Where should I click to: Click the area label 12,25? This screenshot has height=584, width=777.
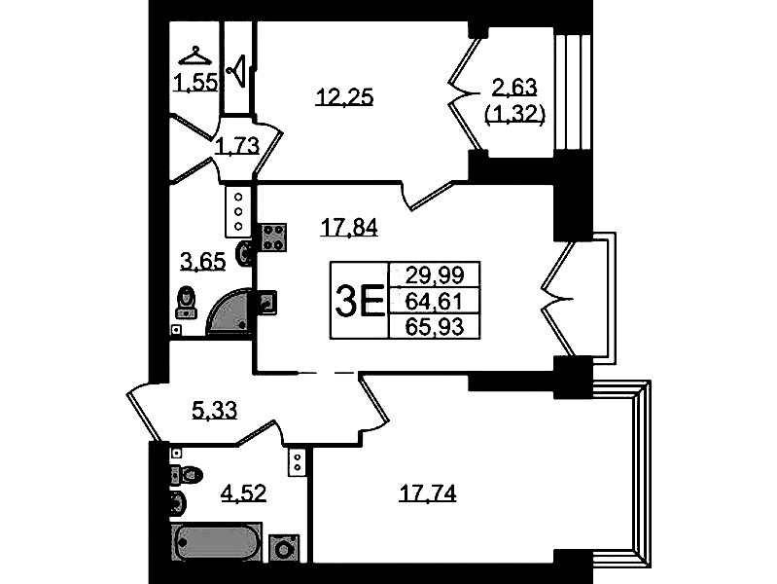pos(344,96)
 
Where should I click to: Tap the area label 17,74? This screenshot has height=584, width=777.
pos(428,493)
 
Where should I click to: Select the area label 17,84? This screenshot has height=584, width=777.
pos(349,227)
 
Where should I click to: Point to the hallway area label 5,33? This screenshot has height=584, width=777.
pos(214,410)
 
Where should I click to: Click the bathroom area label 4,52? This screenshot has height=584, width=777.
pos(243,493)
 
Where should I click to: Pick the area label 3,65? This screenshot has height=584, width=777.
pos(203,261)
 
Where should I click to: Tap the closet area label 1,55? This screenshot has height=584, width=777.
pos(195,83)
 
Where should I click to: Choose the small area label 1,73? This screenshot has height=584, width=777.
pos(238,146)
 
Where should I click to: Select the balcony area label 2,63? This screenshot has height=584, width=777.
pos(514,87)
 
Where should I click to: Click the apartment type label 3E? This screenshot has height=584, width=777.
pos(360,301)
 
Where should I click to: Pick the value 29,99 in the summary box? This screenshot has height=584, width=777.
pos(435,274)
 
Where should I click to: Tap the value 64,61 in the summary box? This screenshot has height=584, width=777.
pos(435,301)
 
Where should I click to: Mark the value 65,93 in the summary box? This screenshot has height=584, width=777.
pos(435,327)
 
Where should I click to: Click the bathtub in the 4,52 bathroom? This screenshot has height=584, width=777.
pos(217,543)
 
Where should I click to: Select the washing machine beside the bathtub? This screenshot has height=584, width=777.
pos(284,549)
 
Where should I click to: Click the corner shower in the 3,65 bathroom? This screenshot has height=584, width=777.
pos(230,311)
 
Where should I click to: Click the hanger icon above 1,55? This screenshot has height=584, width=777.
pos(194,56)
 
